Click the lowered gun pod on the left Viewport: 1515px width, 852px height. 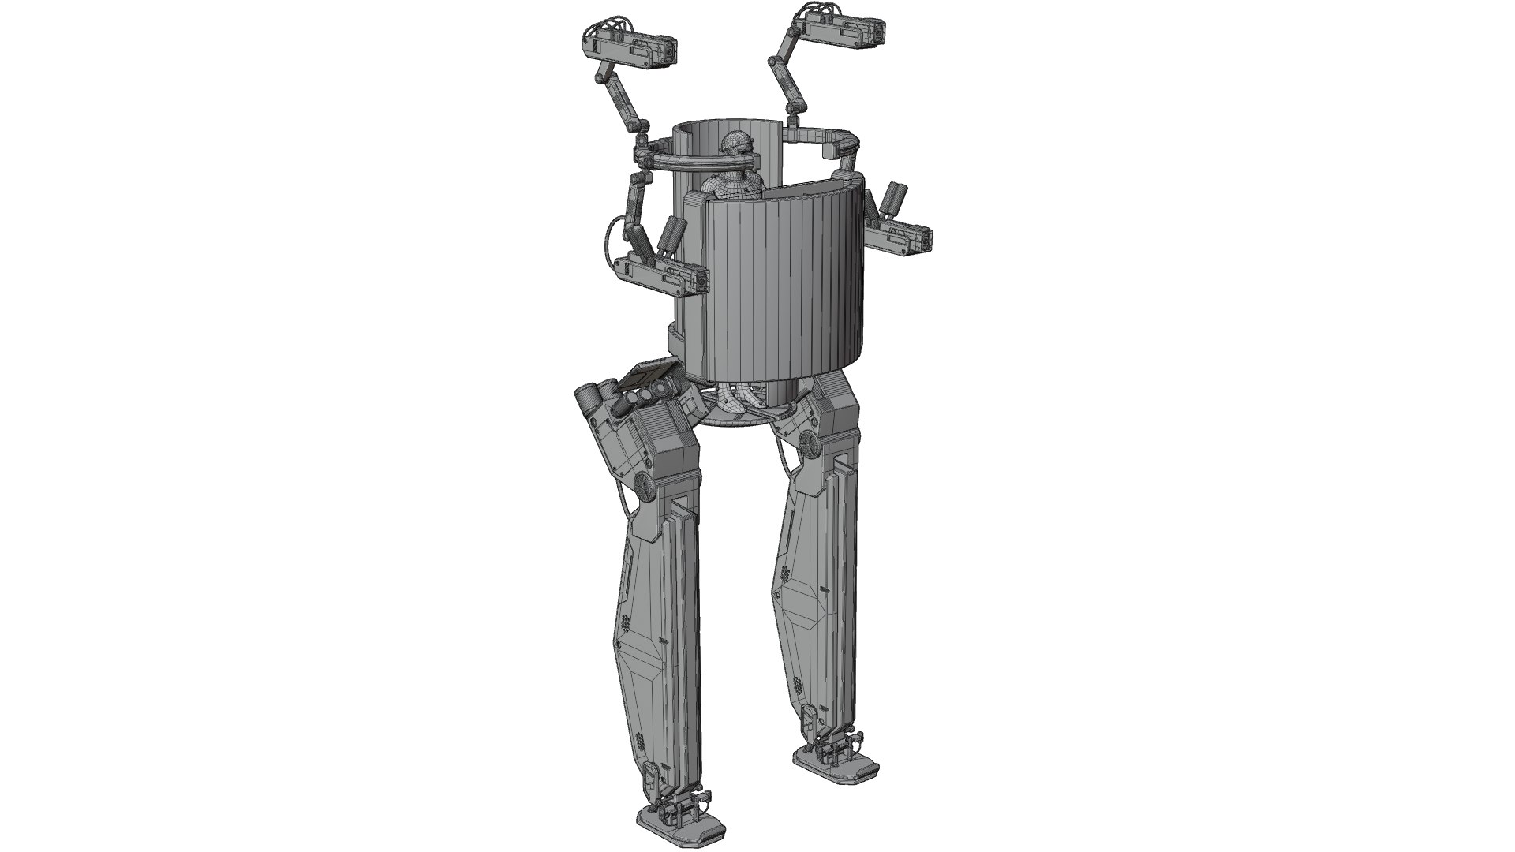tap(661, 276)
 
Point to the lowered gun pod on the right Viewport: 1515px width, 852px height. tap(900, 238)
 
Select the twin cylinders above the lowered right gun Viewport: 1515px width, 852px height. tap(894, 201)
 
